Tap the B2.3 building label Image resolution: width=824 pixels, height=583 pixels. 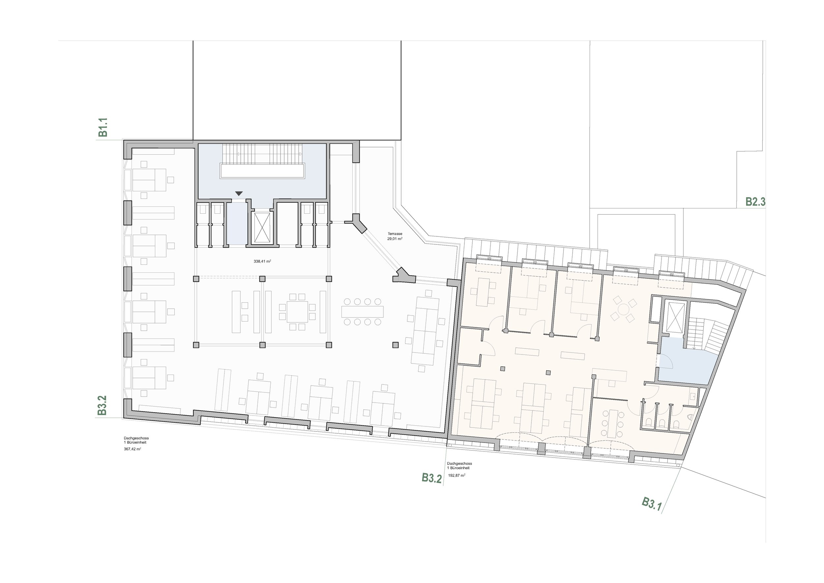755,202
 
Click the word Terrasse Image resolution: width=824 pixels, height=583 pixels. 395,234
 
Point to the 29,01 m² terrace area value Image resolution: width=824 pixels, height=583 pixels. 395,238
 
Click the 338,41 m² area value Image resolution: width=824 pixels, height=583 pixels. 262,261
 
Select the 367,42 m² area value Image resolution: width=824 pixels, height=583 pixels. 132,449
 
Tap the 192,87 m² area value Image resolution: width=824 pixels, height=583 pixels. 456,475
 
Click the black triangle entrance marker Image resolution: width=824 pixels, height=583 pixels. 239,194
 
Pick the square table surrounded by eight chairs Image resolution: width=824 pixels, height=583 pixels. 298,312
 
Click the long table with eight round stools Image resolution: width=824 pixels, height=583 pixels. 363,312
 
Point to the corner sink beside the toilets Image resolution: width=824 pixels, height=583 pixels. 690,417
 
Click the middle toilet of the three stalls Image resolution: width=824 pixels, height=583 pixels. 662,423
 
